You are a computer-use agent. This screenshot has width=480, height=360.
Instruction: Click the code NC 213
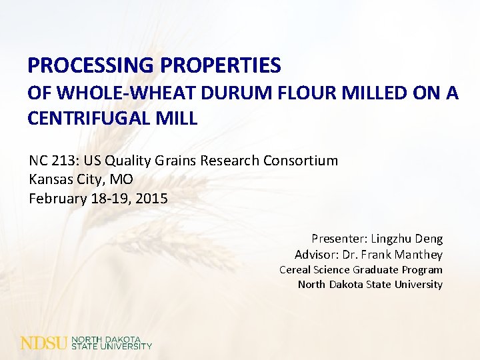point(51,161)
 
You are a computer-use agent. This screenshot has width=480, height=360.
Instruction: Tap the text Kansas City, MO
point(81,179)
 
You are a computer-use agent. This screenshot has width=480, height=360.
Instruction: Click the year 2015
point(153,198)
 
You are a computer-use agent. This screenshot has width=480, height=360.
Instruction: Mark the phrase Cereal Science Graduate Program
point(361,270)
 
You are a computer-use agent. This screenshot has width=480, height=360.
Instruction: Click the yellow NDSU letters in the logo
point(44,343)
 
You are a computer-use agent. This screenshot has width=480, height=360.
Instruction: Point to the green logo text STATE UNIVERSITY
point(112,347)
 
